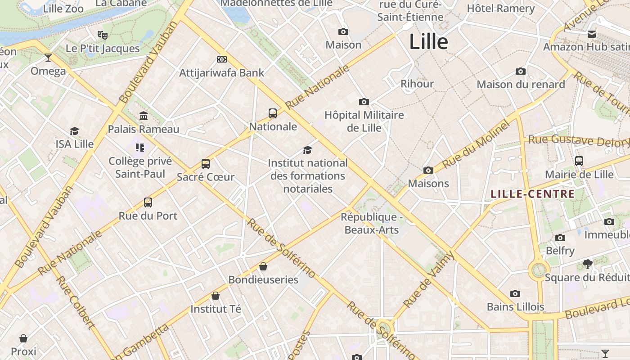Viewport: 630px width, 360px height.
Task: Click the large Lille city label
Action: pos(428,42)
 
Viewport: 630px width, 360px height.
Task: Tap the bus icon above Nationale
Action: pos(273,113)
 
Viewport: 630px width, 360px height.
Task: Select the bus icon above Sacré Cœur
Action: pos(206,163)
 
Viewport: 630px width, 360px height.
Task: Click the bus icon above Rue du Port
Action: pos(148,202)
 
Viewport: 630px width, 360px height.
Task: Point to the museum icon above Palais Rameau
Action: pos(144,116)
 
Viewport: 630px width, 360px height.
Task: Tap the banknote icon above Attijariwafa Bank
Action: pos(221,59)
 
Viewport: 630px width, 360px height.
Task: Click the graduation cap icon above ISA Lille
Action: pos(75,131)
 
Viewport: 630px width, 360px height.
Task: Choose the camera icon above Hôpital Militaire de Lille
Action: pos(364,102)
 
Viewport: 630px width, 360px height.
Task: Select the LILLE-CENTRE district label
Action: pos(532,194)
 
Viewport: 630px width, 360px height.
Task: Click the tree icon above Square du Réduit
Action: pos(587,264)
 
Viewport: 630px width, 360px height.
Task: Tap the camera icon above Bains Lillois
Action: pos(515,294)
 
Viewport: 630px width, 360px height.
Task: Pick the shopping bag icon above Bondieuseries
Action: pos(263,266)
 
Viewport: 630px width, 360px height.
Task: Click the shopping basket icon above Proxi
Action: pos(23,338)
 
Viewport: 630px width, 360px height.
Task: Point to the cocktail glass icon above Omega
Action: pos(48,58)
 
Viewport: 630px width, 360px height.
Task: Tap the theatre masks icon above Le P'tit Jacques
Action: pos(103,35)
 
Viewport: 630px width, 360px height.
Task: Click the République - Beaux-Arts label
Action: pos(372,223)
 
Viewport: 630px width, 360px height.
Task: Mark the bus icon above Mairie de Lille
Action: pos(579,161)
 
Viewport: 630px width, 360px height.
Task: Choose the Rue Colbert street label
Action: pos(75,302)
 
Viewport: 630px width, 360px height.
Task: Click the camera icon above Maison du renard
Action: pos(521,71)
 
